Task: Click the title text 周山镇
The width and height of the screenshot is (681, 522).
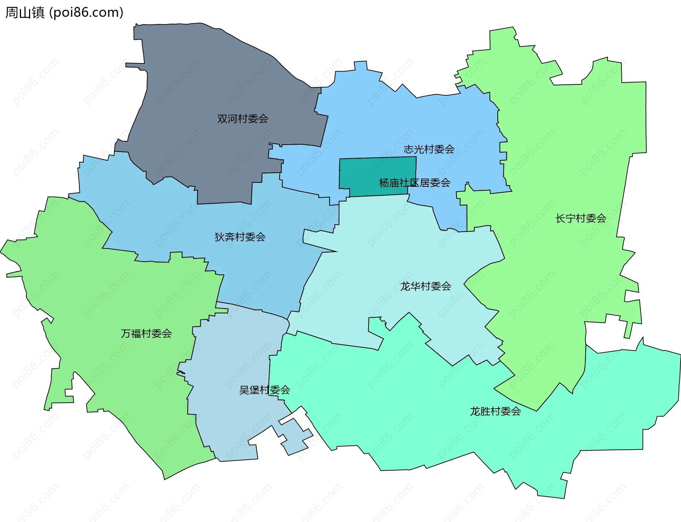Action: point(25,12)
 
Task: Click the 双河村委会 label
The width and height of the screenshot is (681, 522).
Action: point(243,119)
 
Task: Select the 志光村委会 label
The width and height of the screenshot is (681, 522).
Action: point(429,149)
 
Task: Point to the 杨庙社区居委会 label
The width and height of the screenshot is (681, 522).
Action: point(414,183)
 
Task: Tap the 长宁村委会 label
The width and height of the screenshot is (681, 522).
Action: point(581,218)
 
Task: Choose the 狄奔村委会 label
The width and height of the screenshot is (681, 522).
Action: point(240,237)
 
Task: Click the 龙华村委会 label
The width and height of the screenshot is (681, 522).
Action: point(425,286)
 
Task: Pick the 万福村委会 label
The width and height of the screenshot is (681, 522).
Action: point(146,333)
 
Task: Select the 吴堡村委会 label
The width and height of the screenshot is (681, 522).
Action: point(265,390)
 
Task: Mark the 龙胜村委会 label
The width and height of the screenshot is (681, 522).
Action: point(495,411)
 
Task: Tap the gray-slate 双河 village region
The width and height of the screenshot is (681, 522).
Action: point(213,78)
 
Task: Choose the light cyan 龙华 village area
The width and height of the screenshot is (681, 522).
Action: point(390,248)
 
